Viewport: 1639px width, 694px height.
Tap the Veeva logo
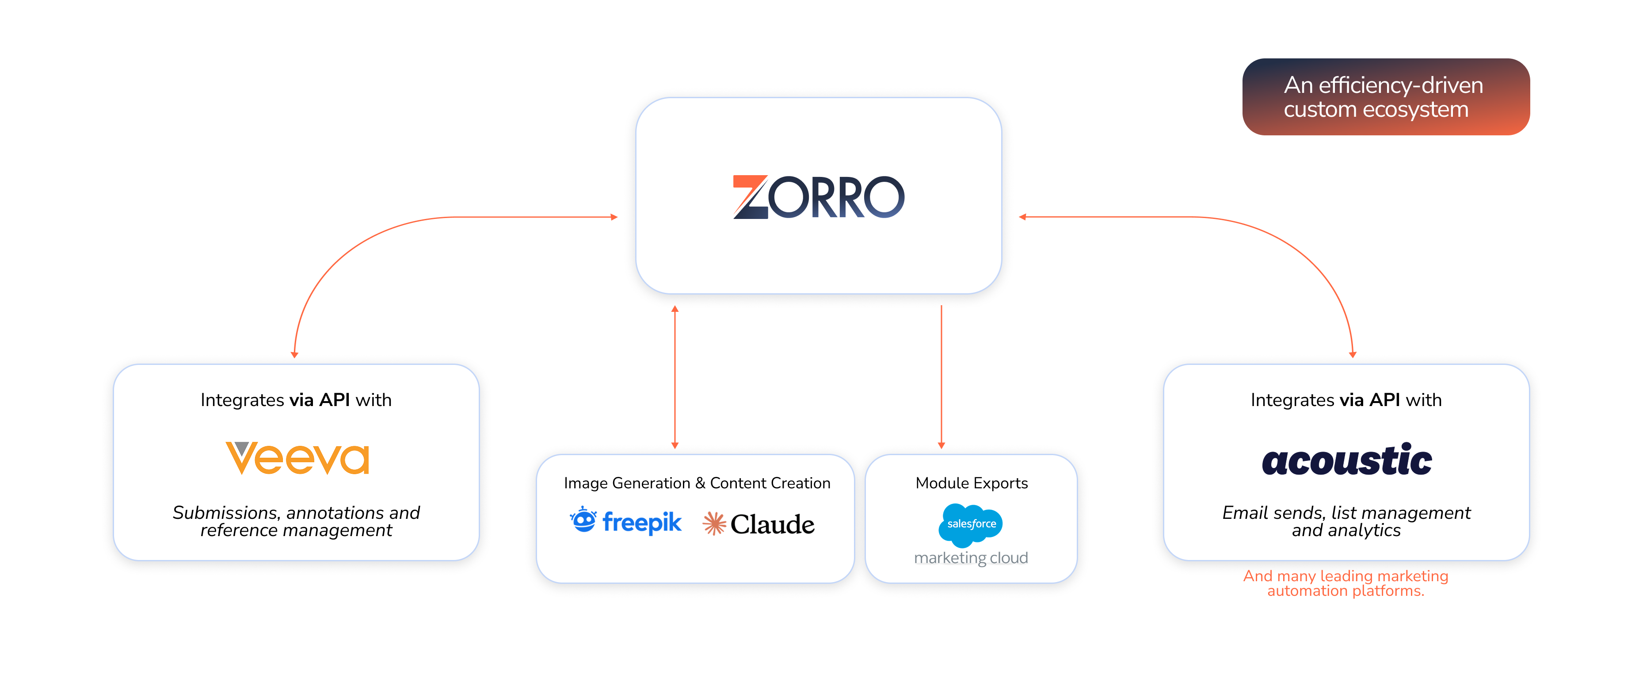click(297, 458)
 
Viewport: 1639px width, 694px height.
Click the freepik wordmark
click(641, 523)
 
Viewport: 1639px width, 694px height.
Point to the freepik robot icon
click(583, 520)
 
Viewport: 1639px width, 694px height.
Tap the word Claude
click(772, 525)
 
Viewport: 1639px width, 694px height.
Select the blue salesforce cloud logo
click(971, 524)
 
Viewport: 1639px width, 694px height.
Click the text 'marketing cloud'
click(971, 558)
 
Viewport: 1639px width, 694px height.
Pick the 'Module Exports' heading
click(972, 483)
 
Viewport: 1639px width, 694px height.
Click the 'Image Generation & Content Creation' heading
click(697, 483)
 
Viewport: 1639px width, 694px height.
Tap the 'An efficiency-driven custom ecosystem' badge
click(1386, 97)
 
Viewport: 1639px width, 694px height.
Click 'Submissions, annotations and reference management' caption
click(297, 521)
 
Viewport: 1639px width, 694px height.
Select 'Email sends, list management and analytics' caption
click(1346, 521)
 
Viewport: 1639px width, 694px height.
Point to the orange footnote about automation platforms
click(1346, 583)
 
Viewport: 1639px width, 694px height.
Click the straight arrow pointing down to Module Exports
click(941, 376)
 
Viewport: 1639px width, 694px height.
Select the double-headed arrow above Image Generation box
click(675, 376)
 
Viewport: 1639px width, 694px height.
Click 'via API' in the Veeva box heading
click(320, 400)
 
